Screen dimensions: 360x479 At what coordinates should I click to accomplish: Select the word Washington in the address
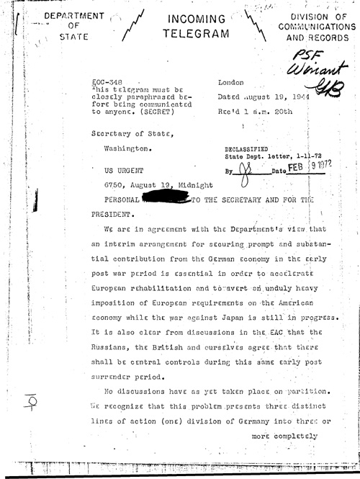pyautogui.click(x=130, y=149)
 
